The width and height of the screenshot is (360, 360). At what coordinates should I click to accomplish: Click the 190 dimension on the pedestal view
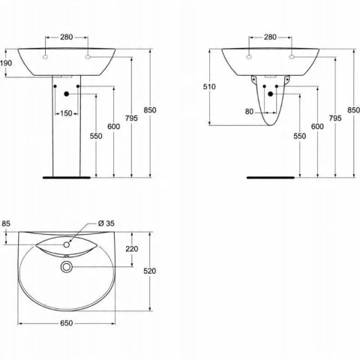click(x=6, y=63)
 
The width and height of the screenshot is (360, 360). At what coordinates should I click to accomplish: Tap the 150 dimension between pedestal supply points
click(x=66, y=113)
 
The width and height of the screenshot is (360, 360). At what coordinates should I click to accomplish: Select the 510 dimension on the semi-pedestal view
click(x=209, y=87)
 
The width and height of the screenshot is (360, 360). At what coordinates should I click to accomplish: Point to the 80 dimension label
click(x=249, y=112)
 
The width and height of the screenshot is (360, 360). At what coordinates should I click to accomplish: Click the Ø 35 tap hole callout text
click(x=106, y=223)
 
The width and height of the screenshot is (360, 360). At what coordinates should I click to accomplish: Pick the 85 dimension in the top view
click(x=6, y=223)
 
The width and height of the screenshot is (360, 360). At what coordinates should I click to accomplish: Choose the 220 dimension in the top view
click(x=132, y=249)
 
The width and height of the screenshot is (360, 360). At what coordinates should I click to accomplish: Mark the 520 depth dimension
click(x=149, y=271)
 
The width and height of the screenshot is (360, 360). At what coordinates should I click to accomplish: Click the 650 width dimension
click(x=67, y=323)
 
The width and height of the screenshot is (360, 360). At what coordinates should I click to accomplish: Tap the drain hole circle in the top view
click(x=67, y=267)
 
